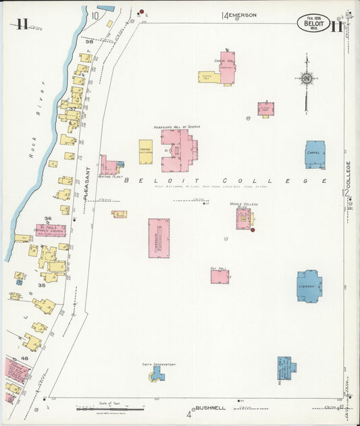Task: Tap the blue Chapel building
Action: pos(315,155)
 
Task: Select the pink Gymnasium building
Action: pos(159,238)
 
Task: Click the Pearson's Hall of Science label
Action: pos(177,126)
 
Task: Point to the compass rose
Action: pos(307,79)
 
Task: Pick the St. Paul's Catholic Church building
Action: pos(51,230)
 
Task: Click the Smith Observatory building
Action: pos(157,373)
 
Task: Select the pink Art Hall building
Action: pos(220,276)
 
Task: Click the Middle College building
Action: pos(243,219)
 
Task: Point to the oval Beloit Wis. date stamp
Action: pos(313,24)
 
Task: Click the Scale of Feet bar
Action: pos(110,408)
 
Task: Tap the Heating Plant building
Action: pos(109,165)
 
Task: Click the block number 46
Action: pos(25,358)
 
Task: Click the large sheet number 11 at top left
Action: pos(22,25)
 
